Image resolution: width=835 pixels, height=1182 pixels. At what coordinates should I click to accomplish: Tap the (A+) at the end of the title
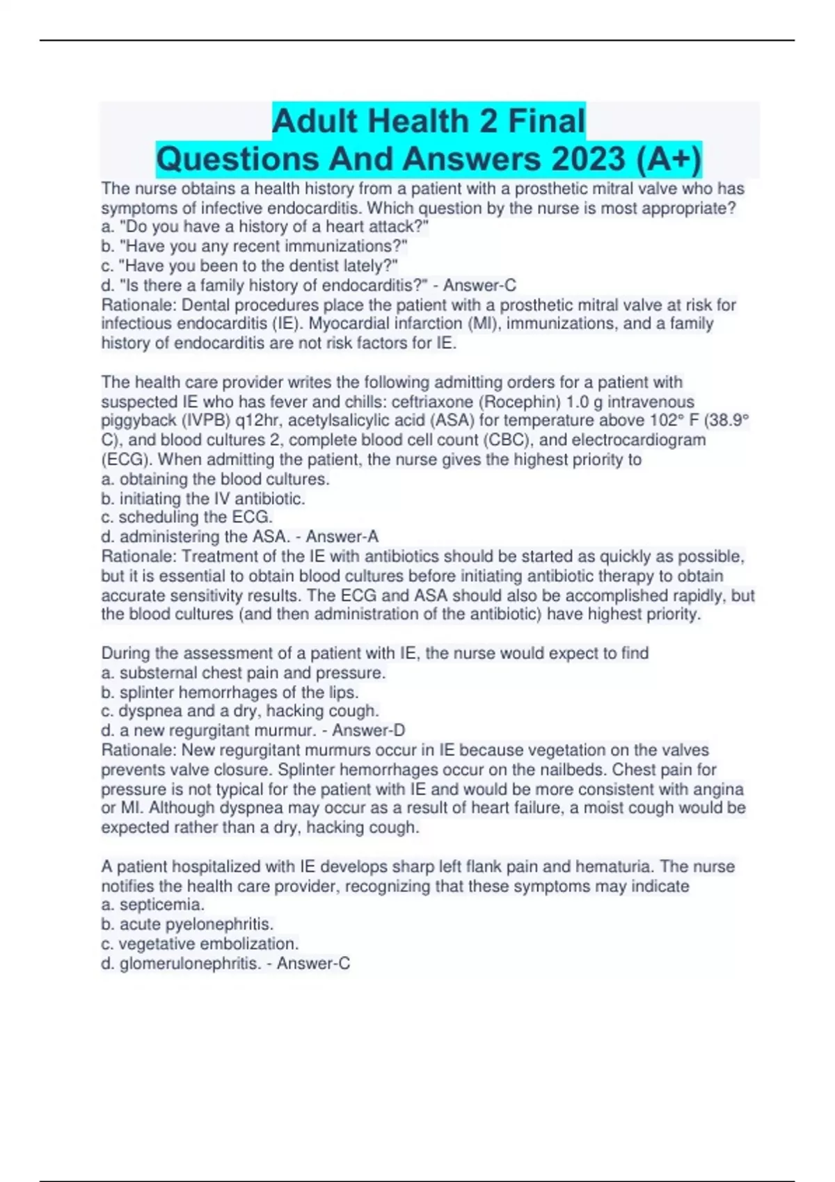[667, 159]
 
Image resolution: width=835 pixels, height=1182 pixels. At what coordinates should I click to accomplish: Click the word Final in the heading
[546, 121]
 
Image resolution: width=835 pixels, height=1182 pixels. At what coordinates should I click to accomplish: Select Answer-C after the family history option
[479, 285]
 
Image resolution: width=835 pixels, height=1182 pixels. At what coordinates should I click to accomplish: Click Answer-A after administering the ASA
[342, 537]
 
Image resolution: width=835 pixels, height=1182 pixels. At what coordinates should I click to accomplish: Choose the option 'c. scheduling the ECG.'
[186, 517]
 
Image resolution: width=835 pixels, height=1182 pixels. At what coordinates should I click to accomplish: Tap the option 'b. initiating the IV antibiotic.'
[203, 499]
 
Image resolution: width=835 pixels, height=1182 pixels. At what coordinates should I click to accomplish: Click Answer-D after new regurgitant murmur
[368, 731]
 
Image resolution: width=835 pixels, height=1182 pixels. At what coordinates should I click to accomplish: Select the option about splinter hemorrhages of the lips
[230, 693]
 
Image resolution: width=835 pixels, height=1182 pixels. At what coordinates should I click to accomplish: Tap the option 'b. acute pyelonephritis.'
[187, 924]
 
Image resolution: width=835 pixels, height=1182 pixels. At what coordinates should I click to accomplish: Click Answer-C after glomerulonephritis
[313, 964]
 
